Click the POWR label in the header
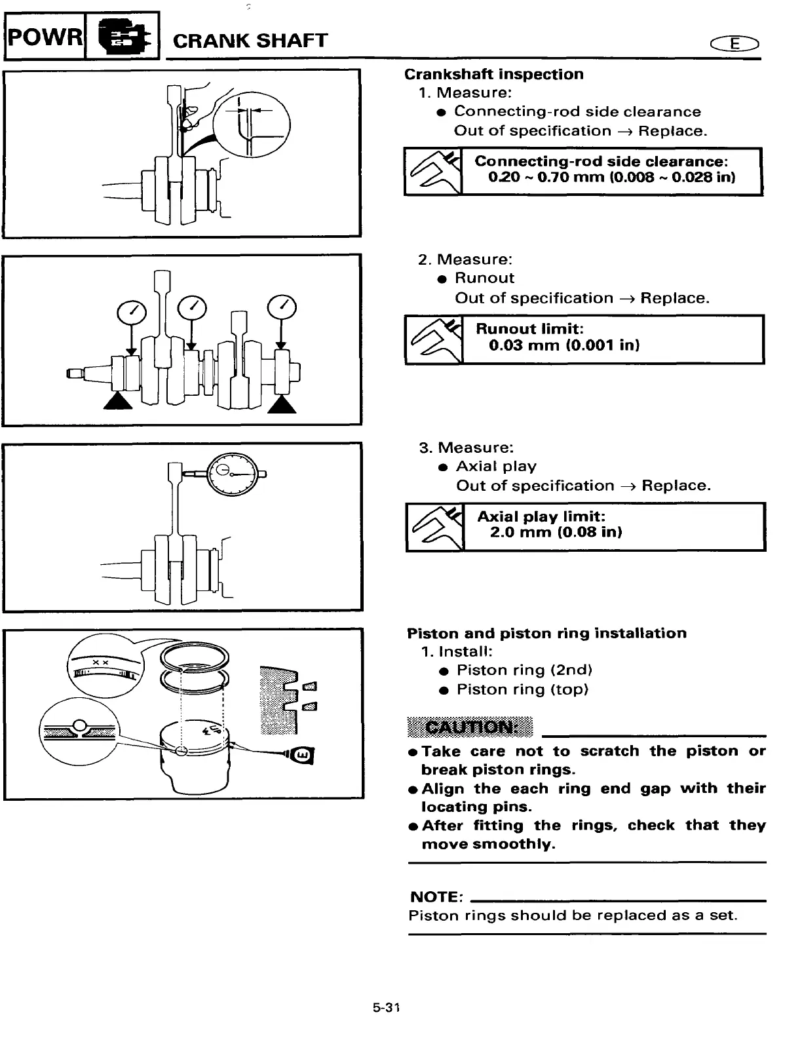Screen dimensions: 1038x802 (45, 37)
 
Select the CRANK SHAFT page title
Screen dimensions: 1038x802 (250, 41)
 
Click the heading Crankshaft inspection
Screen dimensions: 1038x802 (493, 75)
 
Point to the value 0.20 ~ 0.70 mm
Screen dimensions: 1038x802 (537, 178)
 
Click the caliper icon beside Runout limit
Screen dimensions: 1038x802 (434, 339)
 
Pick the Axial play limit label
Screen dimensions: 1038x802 (541, 516)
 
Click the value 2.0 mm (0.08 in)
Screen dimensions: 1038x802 (556, 532)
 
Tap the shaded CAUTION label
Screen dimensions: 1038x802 (470, 727)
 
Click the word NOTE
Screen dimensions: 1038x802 (436, 896)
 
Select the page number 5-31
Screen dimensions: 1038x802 (387, 1008)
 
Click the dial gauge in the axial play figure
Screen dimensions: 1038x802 (233, 473)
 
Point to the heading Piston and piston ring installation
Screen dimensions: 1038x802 (546, 633)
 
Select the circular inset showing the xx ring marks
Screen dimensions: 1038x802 (104, 666)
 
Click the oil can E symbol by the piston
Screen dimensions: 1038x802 (303, 756)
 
